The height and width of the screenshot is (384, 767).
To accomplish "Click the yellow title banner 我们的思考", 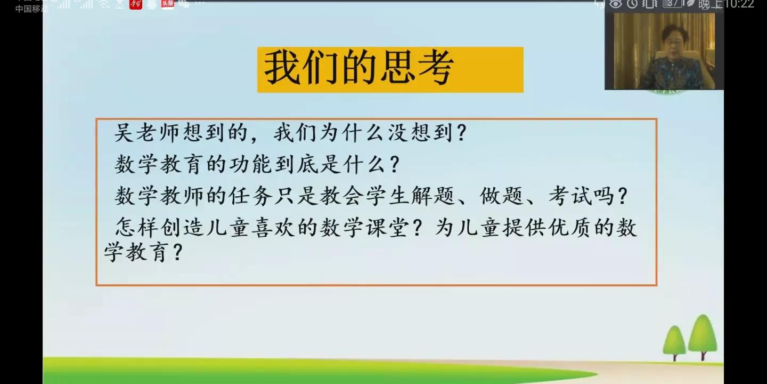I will tap(390, 69).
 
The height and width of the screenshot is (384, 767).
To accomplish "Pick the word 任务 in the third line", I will tap(274, 197).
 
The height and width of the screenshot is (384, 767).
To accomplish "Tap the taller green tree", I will tap(703, 331).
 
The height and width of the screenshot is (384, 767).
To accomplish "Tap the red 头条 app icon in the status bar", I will tap(168, 4).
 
